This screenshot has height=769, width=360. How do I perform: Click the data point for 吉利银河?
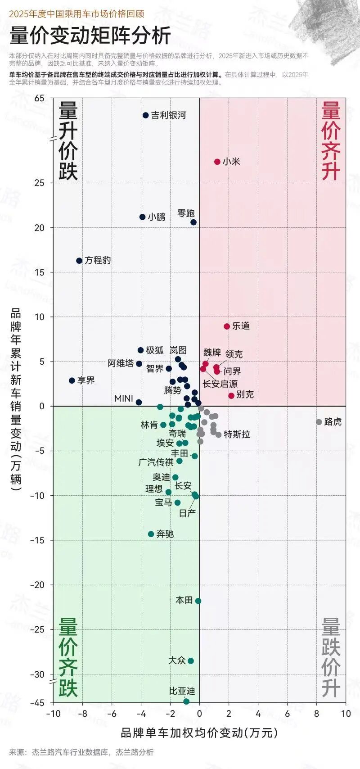pyautogui.click(x=146, y=115)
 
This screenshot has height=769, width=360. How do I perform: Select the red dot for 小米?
pyautogui.click(x=217, y=162)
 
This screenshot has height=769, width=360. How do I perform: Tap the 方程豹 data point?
pyautogui.click(x=79, y=261)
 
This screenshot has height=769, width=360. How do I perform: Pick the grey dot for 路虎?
pyautogui.click(x=319, y=422)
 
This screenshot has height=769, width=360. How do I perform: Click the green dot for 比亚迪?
pyautogui.click(x=186, y=701)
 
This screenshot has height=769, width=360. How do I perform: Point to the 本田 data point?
pyautogui.click(x=198, y=601)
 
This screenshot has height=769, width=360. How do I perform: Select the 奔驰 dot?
pyautogui.click(x=151, y=534)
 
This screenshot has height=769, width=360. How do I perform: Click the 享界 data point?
pyautogui.click(x=72, y=380)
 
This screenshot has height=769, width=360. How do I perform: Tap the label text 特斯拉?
pyautogui.click(x=237, y=434)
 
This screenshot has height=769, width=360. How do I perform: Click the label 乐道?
pyautogui.click(x=241, y=326)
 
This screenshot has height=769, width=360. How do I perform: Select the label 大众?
pyautogui.click(x=177, y=660)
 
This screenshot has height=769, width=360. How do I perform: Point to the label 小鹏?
pyautogui.click(x=156, y=217)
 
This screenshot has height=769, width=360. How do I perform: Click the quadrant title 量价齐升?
pyautogui.click(x=331, y=141)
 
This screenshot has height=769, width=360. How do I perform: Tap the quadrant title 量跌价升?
pyautogui.click(x=331, y=658)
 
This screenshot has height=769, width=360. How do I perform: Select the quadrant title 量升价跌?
pyautogui.click(x=68, y=141)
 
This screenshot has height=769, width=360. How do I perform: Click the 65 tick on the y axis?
pyautogui.click(x=39, y=99)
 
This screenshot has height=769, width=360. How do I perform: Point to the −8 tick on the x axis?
pyautogui.click(x=83, y=714)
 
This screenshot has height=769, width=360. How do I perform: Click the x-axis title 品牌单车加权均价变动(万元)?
pyautogui.click(x=199, y=733)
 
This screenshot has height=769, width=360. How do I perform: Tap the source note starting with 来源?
pyautogui.click(x=81, y=752)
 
